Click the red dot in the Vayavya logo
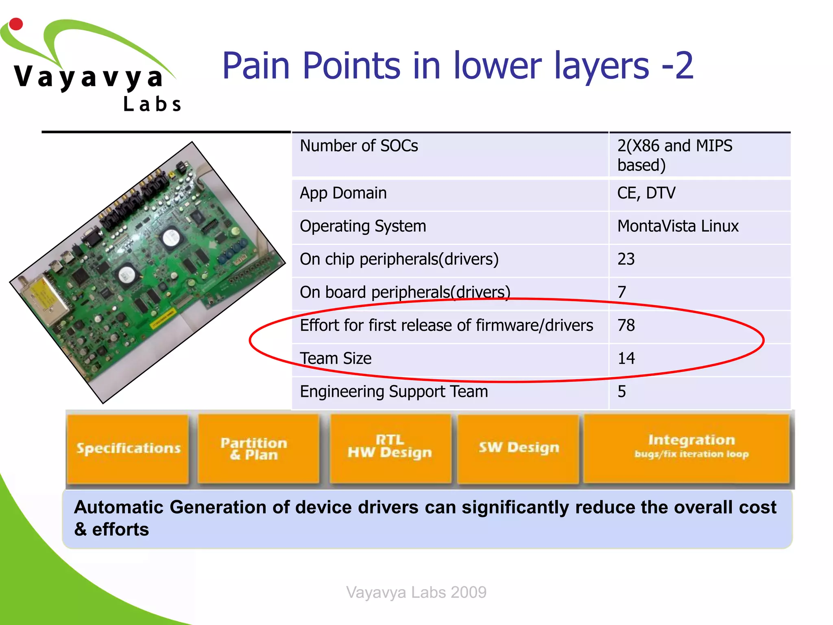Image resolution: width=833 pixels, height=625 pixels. pos(16,24)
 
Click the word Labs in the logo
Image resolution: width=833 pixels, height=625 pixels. pos(152,104)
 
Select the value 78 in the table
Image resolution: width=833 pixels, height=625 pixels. pos(626,326)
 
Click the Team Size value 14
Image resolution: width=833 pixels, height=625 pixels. pos(626,358)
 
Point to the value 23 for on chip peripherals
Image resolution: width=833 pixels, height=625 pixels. pos(626,259)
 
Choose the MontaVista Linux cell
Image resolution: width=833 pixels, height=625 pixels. pos(678,226)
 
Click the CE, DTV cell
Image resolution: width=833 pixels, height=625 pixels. pos(646,193)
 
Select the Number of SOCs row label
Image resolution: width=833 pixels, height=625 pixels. pos(359,146)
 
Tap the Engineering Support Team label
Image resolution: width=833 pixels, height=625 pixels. pos(394,392)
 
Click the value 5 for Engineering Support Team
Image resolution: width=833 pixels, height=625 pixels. pos(621,392)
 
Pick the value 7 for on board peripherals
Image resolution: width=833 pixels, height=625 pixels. pos(621,292)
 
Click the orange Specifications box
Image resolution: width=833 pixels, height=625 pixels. pos(128,448)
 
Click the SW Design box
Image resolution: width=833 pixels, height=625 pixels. pos(518,447)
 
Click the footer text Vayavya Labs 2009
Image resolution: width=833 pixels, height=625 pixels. pos(416,592)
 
